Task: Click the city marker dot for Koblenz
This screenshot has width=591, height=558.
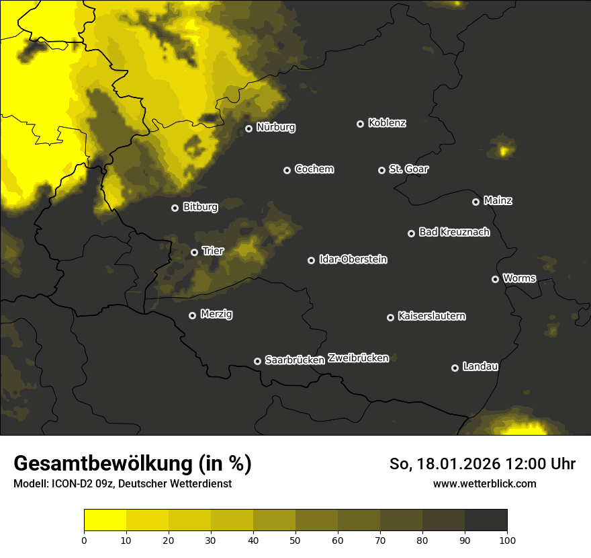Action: (x=360, y=124)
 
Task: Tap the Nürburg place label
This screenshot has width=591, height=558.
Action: (x=275, y=127)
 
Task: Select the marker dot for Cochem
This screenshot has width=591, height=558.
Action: (x=287, y=170)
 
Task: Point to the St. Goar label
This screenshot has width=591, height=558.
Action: (x=408, y=169)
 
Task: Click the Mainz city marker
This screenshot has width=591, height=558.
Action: (x=475, y=202)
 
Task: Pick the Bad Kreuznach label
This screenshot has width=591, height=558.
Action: (x=454, y=232)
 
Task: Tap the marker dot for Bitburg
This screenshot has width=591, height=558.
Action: (x=175, y=208)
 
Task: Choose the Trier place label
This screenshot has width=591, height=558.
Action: (x=213, y=251)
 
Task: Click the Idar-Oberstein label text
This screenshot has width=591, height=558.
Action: (x=353, y=259)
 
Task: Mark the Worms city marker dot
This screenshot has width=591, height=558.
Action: (x=495, y=279)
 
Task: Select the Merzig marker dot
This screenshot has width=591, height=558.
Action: (x=192, y=315)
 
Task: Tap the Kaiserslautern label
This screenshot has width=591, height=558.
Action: (x=431, y=316)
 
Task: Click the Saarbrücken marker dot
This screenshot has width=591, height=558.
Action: (x=257, y=361)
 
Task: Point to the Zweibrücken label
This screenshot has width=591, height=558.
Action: (x=358, y=358)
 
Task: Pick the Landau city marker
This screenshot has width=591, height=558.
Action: (x=455, y=368)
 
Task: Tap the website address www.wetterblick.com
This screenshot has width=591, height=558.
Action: (x=484, y=484)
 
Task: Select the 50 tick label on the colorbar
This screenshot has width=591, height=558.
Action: (x=295, y=539)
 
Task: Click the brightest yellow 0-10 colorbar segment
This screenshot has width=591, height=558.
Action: (x=105, y=520)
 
